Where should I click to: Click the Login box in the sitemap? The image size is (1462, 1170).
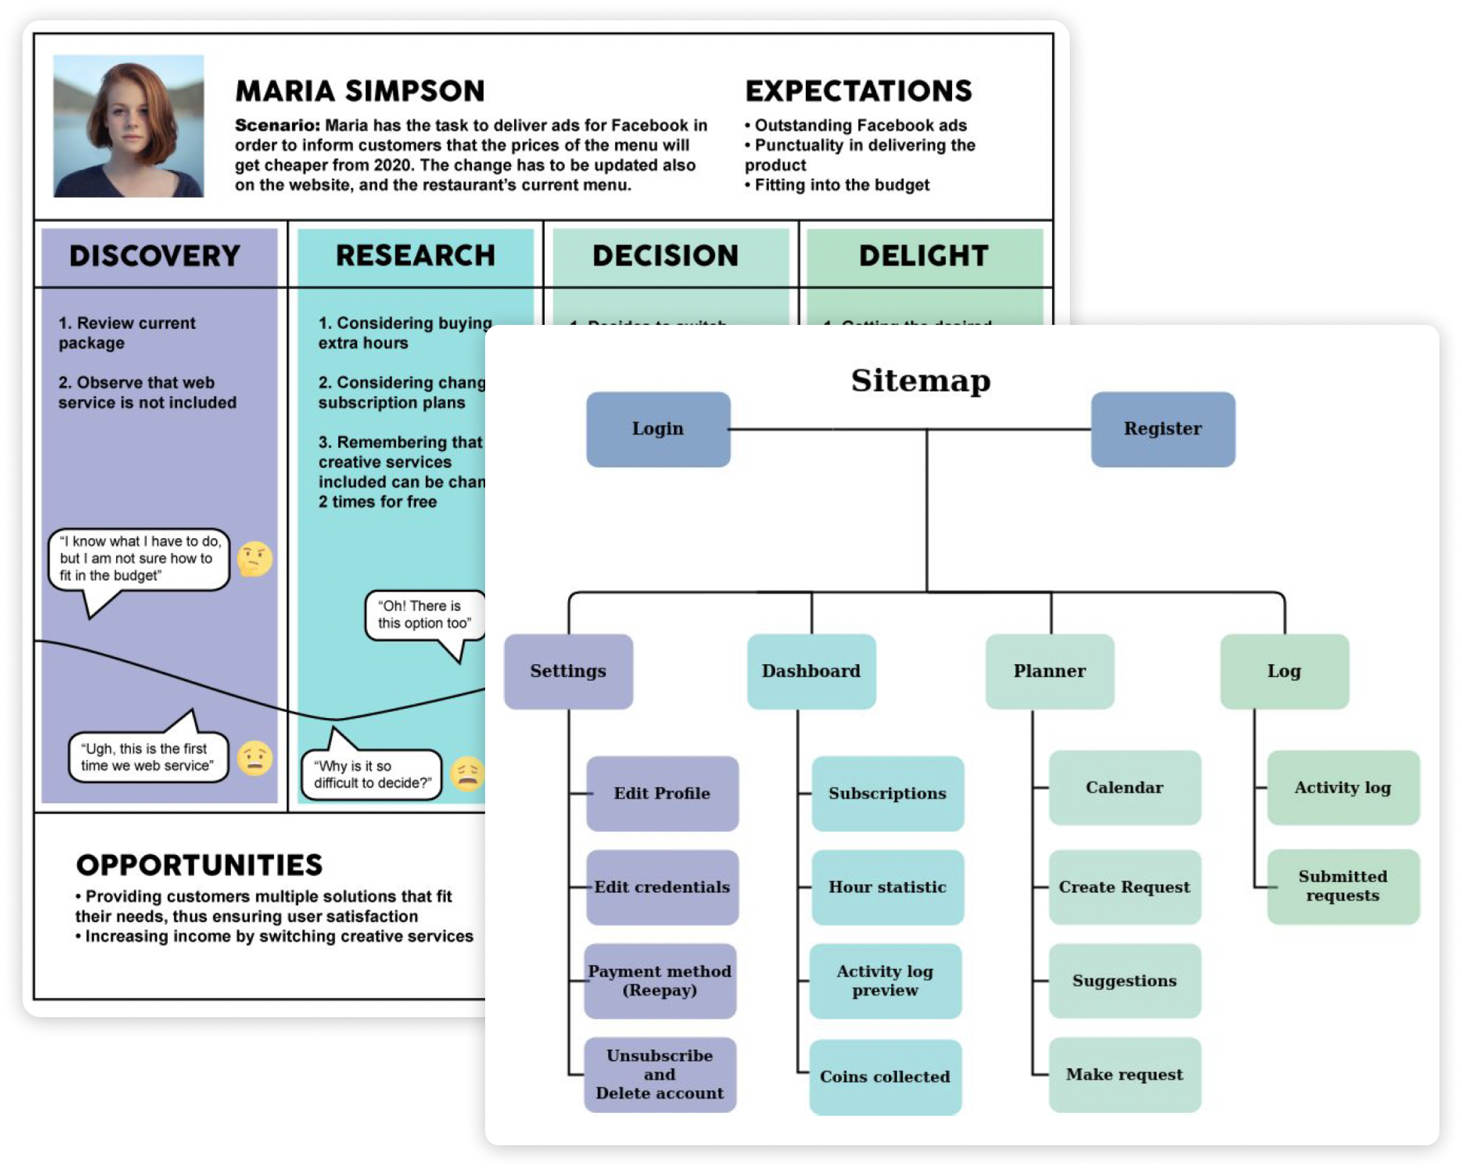pyautogui.click(x=658, y=429)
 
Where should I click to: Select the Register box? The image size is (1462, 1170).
pyautogui.click(x=1162, y=429)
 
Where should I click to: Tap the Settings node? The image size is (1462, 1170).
pyautogui.click(x=568, y=671)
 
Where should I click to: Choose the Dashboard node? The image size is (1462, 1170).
pyautogui.click(x=811, y=671)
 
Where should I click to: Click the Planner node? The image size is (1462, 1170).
pyautogui.click(x=1049, y=671)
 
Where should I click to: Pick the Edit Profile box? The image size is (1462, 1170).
pyautogui.click(x=662, y=793)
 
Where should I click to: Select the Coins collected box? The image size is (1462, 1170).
pyautogui.click(x=885, y=1077)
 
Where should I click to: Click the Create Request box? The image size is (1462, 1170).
pyautogui.click(x=1124, y=887)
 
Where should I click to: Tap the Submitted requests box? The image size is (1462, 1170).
pyautogui.click(x=1343, y=886)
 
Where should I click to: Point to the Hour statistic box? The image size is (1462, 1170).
pyautogui.click(x=887, y=887)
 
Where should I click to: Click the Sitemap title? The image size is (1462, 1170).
pyautogui.click(x=920, y=380)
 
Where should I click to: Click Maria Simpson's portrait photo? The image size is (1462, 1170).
pyautogui.click(x=129, y=126)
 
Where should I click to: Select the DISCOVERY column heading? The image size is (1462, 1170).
pyautogui.click(x=155, y=256)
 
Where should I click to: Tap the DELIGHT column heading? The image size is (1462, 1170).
pyautogui.click(x=924, y=256)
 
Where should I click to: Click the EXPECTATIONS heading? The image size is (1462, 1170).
pyautogui.click(x=859, y=91)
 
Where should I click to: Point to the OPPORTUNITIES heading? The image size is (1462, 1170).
pyautogui.click(x=199, y=865)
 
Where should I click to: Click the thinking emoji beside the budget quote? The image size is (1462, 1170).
pyautogui.click(x=255, y=559)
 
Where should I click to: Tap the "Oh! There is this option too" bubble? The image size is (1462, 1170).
pyautogui.click(x=425, y=615)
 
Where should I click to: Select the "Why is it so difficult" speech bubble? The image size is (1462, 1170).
pyautogui.click(x=372, y=774)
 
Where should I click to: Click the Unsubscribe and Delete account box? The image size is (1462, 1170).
pyautogui.click(x=660, y=1074)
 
